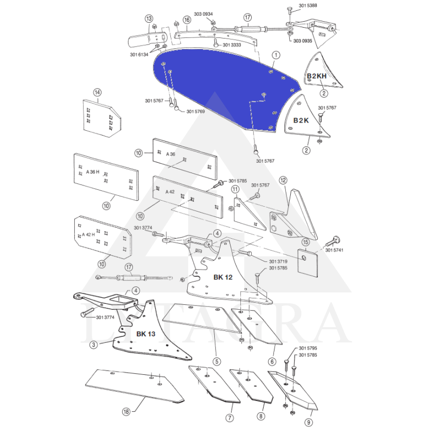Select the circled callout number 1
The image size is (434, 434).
(x=276, y=55)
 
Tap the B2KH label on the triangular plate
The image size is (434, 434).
(x=317, y=76)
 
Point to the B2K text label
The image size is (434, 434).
(x=301, y=120)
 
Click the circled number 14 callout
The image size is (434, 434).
(x=97, y=92)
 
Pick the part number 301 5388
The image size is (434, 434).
(x=308, y=5)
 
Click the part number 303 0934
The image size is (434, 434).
(x=203, y=14)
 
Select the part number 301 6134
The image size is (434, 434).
(x=139, y=55)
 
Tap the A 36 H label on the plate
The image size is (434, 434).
(x=93, y=172)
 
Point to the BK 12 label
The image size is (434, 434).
(x=223, y=277)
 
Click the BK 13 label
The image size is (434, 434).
(x=146, y=334)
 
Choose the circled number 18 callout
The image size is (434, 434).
(x=126, y=412)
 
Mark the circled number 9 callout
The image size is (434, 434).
(x=309, y=422)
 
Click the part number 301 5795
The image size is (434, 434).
(x=308, y=348)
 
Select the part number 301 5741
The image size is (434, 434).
(x=334, y=250)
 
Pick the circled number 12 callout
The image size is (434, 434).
(x=283, y=181)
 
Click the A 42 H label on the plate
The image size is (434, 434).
(x=88, y=235)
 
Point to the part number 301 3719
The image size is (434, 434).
(x=278, y=261)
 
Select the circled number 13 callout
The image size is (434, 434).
(x=149, y=18)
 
